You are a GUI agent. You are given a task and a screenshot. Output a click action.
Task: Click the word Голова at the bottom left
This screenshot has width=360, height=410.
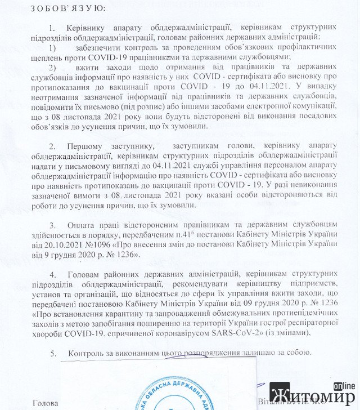coord(46,403)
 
